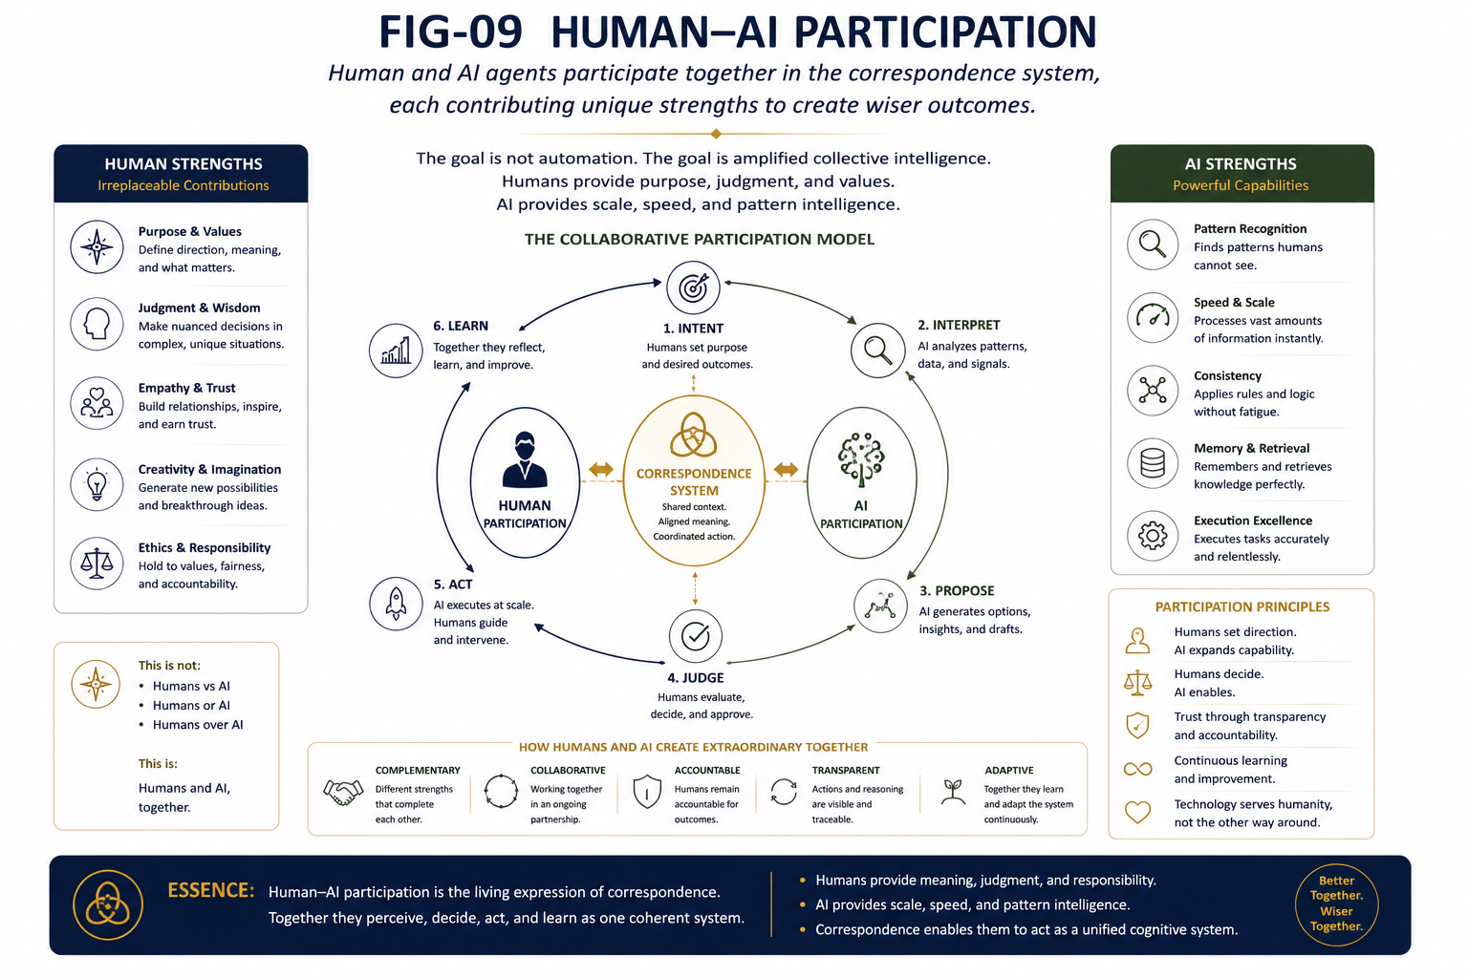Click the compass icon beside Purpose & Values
click(x=97, y=247)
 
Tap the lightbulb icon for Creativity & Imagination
click(x=97, y=485)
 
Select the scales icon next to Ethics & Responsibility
click(x=97, y=563)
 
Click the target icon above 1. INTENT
click(x=693, y=287)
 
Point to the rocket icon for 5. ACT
click(x=396, y=604)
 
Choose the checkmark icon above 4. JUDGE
click(x=696, y=636)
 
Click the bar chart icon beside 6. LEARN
click(x=396, y=351)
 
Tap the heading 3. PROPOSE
click(x=957, y=591)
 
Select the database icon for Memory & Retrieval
click(x=1153, y=463)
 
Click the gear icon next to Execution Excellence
click(x=1153, y=536)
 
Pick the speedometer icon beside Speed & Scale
click(x=1153, y=318)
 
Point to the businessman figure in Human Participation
click(x=525, y=459)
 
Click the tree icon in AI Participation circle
click(x=861, y=459)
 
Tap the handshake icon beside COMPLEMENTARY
click(x=343, y=792)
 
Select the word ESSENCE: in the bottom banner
click(x=211, y=890)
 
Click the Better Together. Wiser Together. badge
click(x=1336, y=904)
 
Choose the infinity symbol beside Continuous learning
click(x=1137, y=769)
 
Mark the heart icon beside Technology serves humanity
click(x=1137, y=812)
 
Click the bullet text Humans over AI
click(x=198, y=725)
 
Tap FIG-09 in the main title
click(x=451, y=32)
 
